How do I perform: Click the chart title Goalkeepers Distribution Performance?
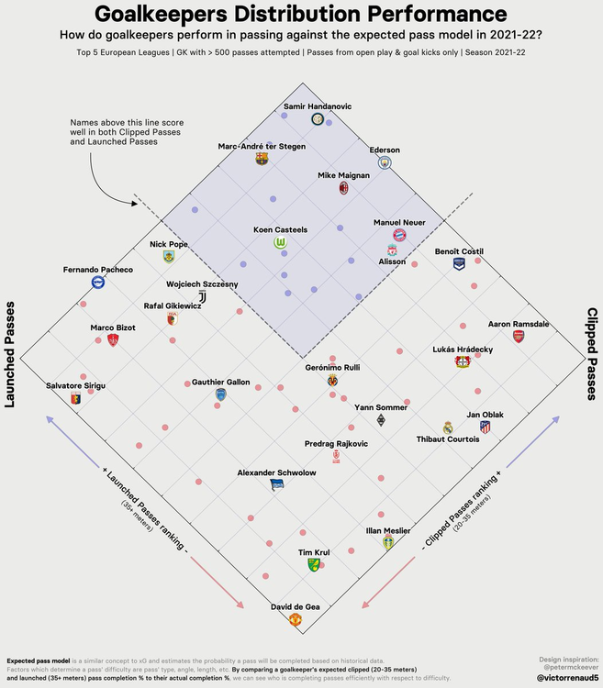pyautogui.click(x=301, y=15)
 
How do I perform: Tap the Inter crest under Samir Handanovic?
pyautogui.click(x=317, y=119)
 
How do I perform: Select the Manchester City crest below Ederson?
pyautogui.click(x=385, y=162)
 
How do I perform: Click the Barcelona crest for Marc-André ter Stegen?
pyautogui.click(x=262, y=159)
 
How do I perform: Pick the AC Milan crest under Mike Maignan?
pyautogui.click(x=343, y=187)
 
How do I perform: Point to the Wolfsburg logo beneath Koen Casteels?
pyautogui.click(x=280, y=243)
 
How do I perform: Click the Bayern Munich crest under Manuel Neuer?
pyautogui.click(x=399, y=235)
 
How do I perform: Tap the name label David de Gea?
pyautogui.click(x=295, y=606)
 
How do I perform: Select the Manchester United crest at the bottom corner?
pyautogui.click(x=295, y=620)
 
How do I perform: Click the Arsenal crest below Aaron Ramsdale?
pyautogui.click(x=518, y=337)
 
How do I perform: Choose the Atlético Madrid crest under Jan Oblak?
pyautogui.click(x=485, y=427)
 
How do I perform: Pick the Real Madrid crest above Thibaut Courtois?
pyautogui.click(x=448, y=427)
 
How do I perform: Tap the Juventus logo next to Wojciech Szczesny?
pyautogui.click(x=203, y=296)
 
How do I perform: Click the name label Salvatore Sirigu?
pyautogui.click(x=75, y=386)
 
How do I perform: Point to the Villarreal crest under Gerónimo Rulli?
pyautogui.click(x=331, y=380)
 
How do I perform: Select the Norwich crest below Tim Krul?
pyautogui.click(x=314, y=565)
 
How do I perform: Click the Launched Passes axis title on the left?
pyautogui.click(x=13, y=358)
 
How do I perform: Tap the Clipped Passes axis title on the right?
pyautogui.click(x=591, y=354)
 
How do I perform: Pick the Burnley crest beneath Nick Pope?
pyautogui.click(x=168, y=256)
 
